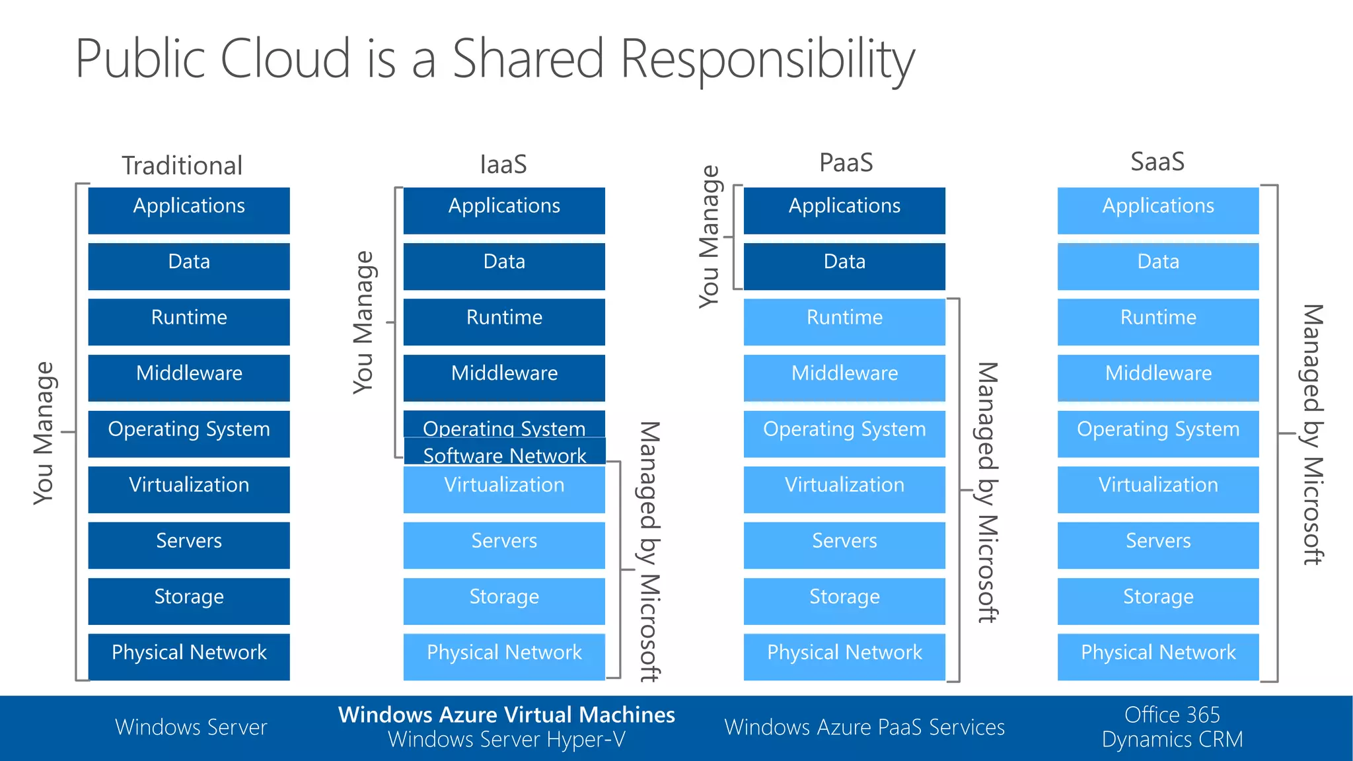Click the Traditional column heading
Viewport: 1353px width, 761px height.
(x=182, y=165)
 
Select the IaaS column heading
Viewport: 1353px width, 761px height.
(x=503, y=164)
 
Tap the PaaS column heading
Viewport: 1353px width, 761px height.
(x=846, y=163)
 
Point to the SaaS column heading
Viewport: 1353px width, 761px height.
(x=1157, y=162)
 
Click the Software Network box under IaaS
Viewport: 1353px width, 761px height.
(x=505, y=455)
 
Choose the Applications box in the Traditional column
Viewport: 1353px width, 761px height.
(x=189, y=210)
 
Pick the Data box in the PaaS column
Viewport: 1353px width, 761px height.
(x=844, y=266)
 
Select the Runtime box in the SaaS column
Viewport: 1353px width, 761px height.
(x=1158, y=322)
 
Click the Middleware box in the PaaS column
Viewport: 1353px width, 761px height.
(x=844, y=377)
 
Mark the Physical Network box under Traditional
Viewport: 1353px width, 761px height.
(x=189, y=657)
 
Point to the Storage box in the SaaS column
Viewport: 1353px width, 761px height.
(x=1158, y=600)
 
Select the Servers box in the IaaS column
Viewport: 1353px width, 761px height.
(x=504, y=545)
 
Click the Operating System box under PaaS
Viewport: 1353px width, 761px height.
(x=844, y=433)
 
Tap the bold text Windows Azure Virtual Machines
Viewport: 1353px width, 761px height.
(x=507, y=715)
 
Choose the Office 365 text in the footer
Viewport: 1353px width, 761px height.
(x=1172, y=715)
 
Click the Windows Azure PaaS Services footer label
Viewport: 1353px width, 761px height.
(x=864, y=727)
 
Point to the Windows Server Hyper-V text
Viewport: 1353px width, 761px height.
(x=507, y=740)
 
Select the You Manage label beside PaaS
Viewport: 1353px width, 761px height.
(x=709, y=236)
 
